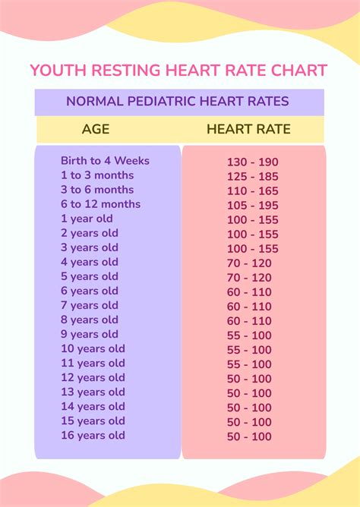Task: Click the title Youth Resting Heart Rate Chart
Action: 178,71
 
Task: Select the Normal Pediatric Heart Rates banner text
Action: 177,101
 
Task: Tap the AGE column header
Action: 96,129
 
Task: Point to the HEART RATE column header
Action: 248,129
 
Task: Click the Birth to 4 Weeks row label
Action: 105,161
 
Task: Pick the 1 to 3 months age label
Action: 96,175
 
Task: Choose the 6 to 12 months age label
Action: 100,204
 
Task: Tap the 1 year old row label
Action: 87,219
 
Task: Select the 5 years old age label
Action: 90,276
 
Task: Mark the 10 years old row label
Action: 93,349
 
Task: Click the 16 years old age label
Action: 93,436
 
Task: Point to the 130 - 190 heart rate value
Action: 253,162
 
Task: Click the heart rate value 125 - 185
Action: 253,176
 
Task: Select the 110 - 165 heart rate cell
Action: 253,191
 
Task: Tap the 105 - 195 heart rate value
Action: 253,205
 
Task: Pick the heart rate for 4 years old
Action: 250,263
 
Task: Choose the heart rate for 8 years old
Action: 250,321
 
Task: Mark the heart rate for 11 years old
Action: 250,364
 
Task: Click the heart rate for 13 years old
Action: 250,393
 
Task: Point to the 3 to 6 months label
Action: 97,190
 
